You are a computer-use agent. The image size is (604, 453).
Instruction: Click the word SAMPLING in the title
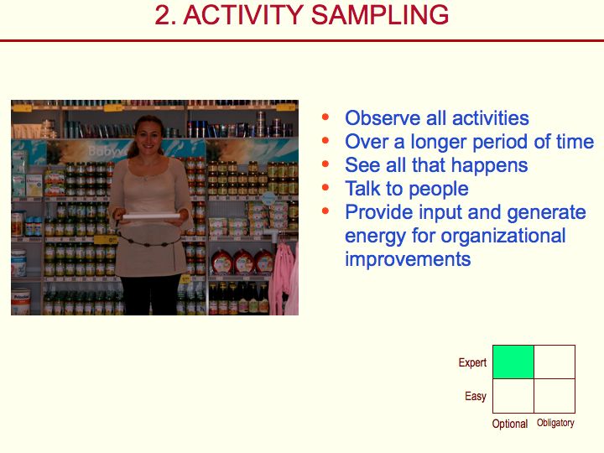(379, 15)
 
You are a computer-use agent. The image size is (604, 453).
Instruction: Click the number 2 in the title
(163, 15)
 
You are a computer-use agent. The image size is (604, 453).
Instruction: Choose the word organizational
(503, 236)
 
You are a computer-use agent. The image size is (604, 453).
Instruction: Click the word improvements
(408, 259)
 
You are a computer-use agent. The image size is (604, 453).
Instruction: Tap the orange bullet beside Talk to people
(325, 188)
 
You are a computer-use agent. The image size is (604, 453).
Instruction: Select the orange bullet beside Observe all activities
(325, 117)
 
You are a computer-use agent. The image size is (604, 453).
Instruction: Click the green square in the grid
(513, 362)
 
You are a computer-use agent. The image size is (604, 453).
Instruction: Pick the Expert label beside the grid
(472, 363)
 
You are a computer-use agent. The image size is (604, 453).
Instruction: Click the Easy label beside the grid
(476, 396)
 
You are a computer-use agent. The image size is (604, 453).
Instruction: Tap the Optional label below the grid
(510, 424)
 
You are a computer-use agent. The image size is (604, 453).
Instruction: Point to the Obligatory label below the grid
(555, 423)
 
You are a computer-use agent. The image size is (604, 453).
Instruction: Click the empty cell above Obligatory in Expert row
(555, 362)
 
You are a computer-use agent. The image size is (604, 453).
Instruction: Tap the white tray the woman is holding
(151, 216)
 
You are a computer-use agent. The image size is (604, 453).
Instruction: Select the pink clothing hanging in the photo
(284, 278)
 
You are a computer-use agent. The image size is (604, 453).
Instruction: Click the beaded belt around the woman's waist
(149, 241)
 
